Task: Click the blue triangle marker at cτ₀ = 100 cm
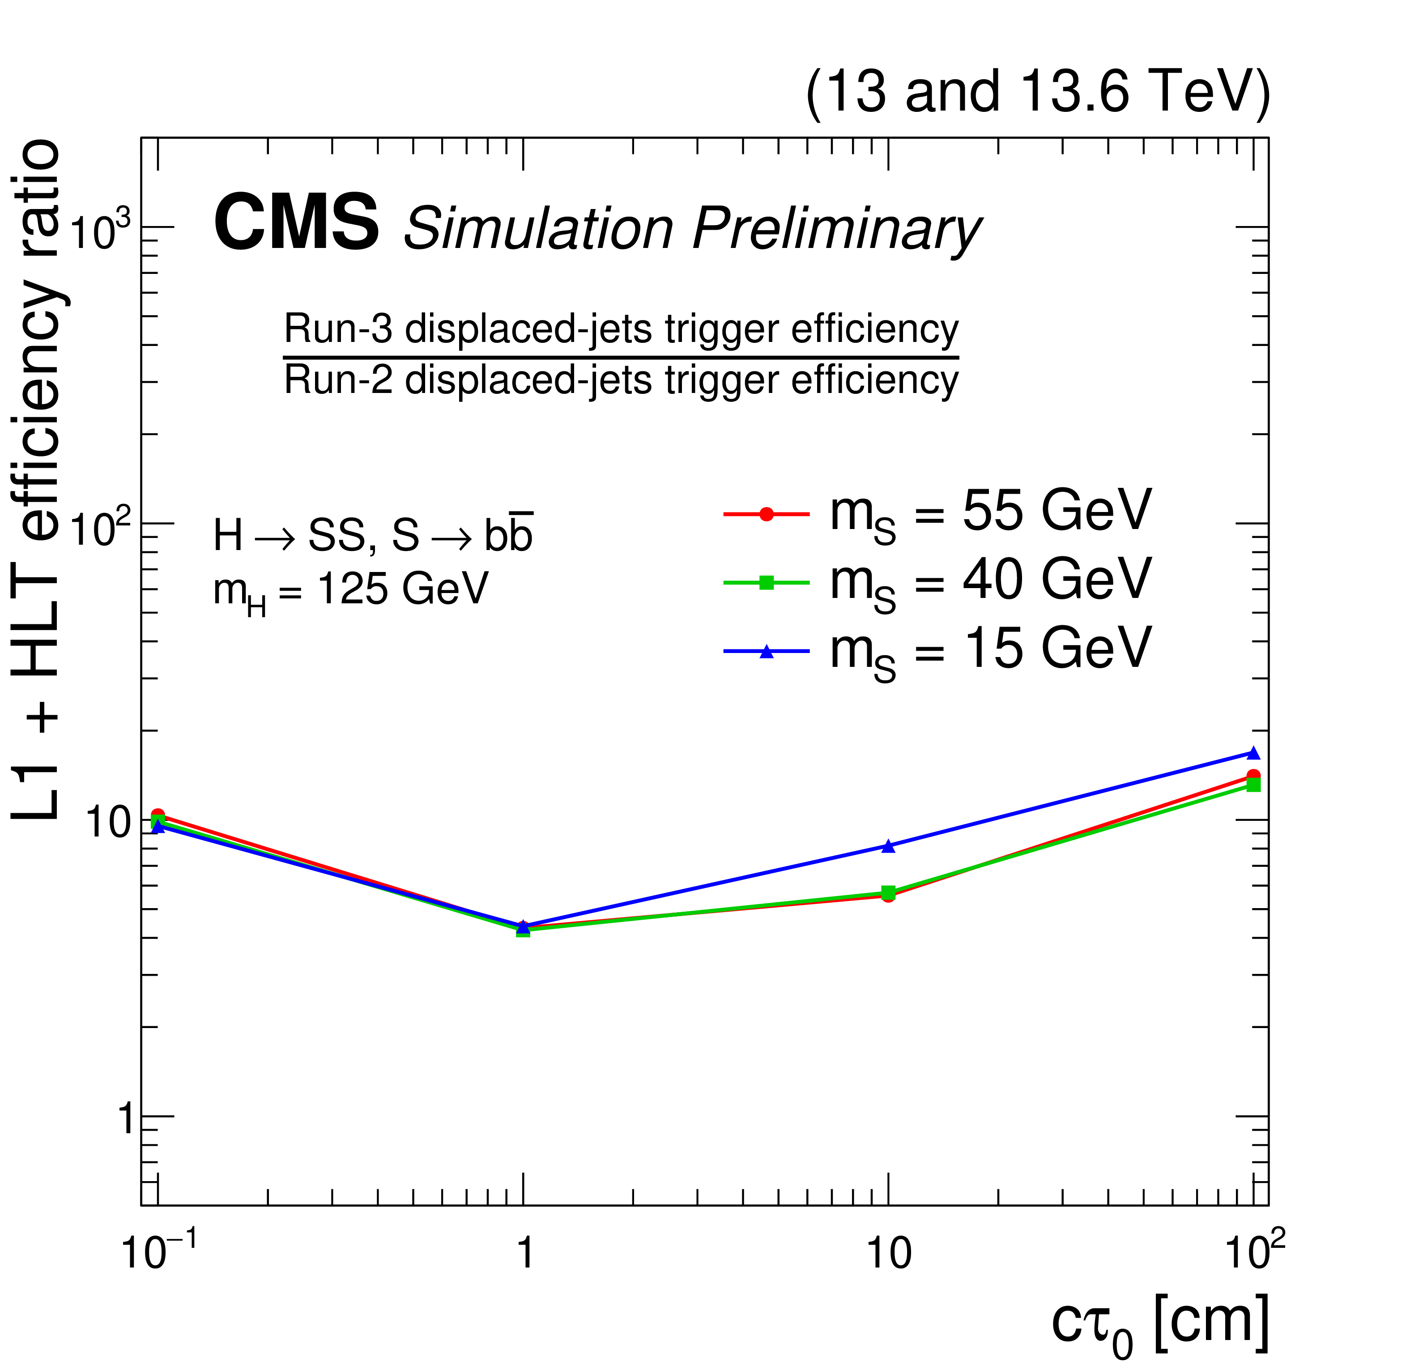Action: [x=1253, y=753]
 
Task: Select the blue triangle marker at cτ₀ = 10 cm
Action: [x=888, y=846]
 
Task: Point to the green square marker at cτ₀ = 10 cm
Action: [x=888, y=892]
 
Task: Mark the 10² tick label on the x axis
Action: [x=1255, y=1252]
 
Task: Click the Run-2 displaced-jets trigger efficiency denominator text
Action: [x=621, y=380]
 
